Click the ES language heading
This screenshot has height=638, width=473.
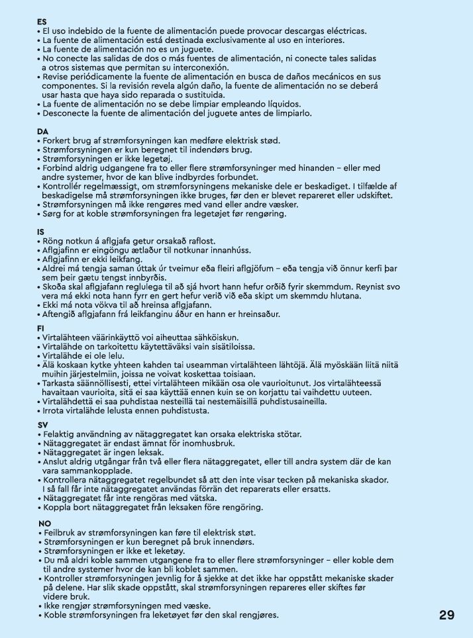click(42, 22)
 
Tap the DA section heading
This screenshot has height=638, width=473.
click(42, 132)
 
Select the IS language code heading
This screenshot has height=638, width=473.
click(40, 232)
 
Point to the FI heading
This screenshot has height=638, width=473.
click(41, 328)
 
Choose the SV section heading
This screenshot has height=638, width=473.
click(43, 425)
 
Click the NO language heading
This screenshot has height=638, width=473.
click(44, 524)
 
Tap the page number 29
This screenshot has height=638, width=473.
click(447, 615)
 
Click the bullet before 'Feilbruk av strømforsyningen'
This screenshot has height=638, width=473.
click(41, 533)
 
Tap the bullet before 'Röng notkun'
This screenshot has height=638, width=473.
click(38, 241)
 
